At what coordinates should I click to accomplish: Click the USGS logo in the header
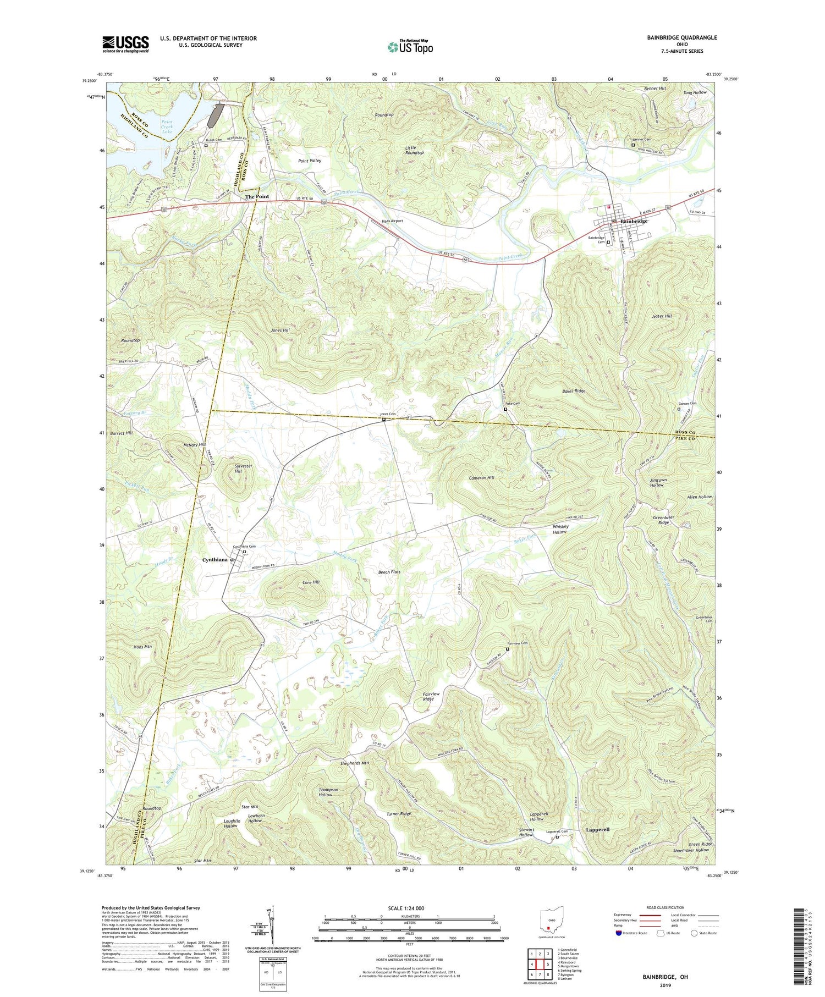[125, 44]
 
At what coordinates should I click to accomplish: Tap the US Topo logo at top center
[410, 47]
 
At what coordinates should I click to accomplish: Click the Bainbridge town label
[633, 221]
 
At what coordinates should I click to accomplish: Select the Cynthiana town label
[215, 560]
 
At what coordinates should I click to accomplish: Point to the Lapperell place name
[597, 829]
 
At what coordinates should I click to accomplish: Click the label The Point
[257, 196]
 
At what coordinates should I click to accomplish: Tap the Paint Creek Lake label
[167, 126]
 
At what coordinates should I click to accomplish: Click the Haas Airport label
[393, 221]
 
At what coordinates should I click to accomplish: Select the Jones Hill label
[280, 331]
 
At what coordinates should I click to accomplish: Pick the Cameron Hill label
[481, 478]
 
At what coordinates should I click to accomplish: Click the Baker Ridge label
[574, 391]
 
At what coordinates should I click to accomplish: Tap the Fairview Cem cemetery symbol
[508, 649]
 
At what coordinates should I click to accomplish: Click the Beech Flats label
[389, 572]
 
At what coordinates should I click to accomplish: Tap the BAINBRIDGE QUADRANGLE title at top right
[682, 37]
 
